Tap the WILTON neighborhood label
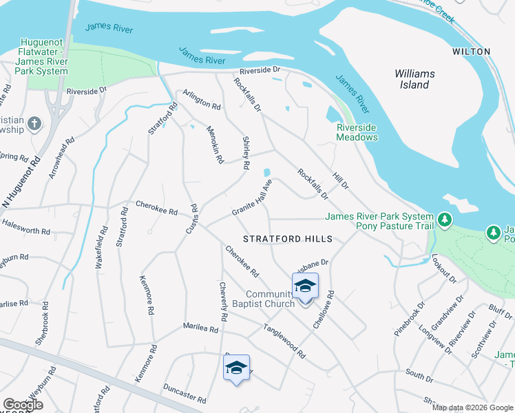(471, 52)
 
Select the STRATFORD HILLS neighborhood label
(288, 239)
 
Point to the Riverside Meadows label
(357, 132)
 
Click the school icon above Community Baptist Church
(305, 285)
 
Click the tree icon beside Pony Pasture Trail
(445, 220)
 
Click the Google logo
(23, 405)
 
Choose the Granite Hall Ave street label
(253, 198)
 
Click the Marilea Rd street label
(200, 328)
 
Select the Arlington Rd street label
(201, 101)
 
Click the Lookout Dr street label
(444, 268)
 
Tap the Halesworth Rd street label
(27, 232)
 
